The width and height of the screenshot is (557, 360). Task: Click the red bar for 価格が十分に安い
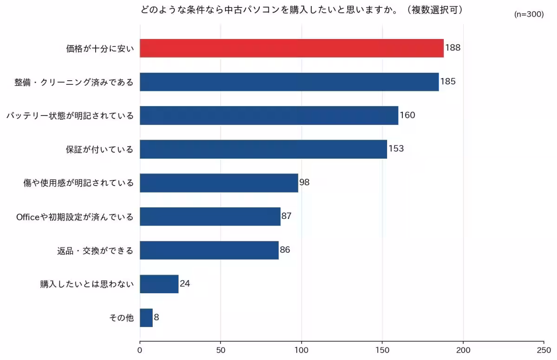click(291, 48)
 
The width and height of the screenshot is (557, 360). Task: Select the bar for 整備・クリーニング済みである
click(289, 82)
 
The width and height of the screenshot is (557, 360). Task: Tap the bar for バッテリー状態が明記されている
click(269, 116)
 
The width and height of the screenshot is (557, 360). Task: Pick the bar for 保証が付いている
click(263, 149)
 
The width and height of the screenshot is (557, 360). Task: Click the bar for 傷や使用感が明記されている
click(219, 183)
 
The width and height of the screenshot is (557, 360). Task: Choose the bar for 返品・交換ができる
click(209, 250)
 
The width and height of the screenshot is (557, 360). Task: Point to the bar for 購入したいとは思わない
click(159, 284)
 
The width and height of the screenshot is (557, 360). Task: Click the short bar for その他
click(146, 318)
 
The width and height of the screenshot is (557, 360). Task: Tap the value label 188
click(453, 48)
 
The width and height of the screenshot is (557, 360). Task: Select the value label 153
click(396, 149)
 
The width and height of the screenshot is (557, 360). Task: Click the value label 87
click(286, 216)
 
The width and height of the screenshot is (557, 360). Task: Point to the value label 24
click(185, 283)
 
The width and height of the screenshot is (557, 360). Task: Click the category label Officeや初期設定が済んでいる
click(75, 217)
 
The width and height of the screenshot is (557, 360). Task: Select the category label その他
click(121, 318)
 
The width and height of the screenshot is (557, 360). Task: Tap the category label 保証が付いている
click(99, 149)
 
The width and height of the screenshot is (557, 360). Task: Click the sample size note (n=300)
click(529, 14)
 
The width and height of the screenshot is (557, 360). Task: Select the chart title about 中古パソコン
click(302, 10)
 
